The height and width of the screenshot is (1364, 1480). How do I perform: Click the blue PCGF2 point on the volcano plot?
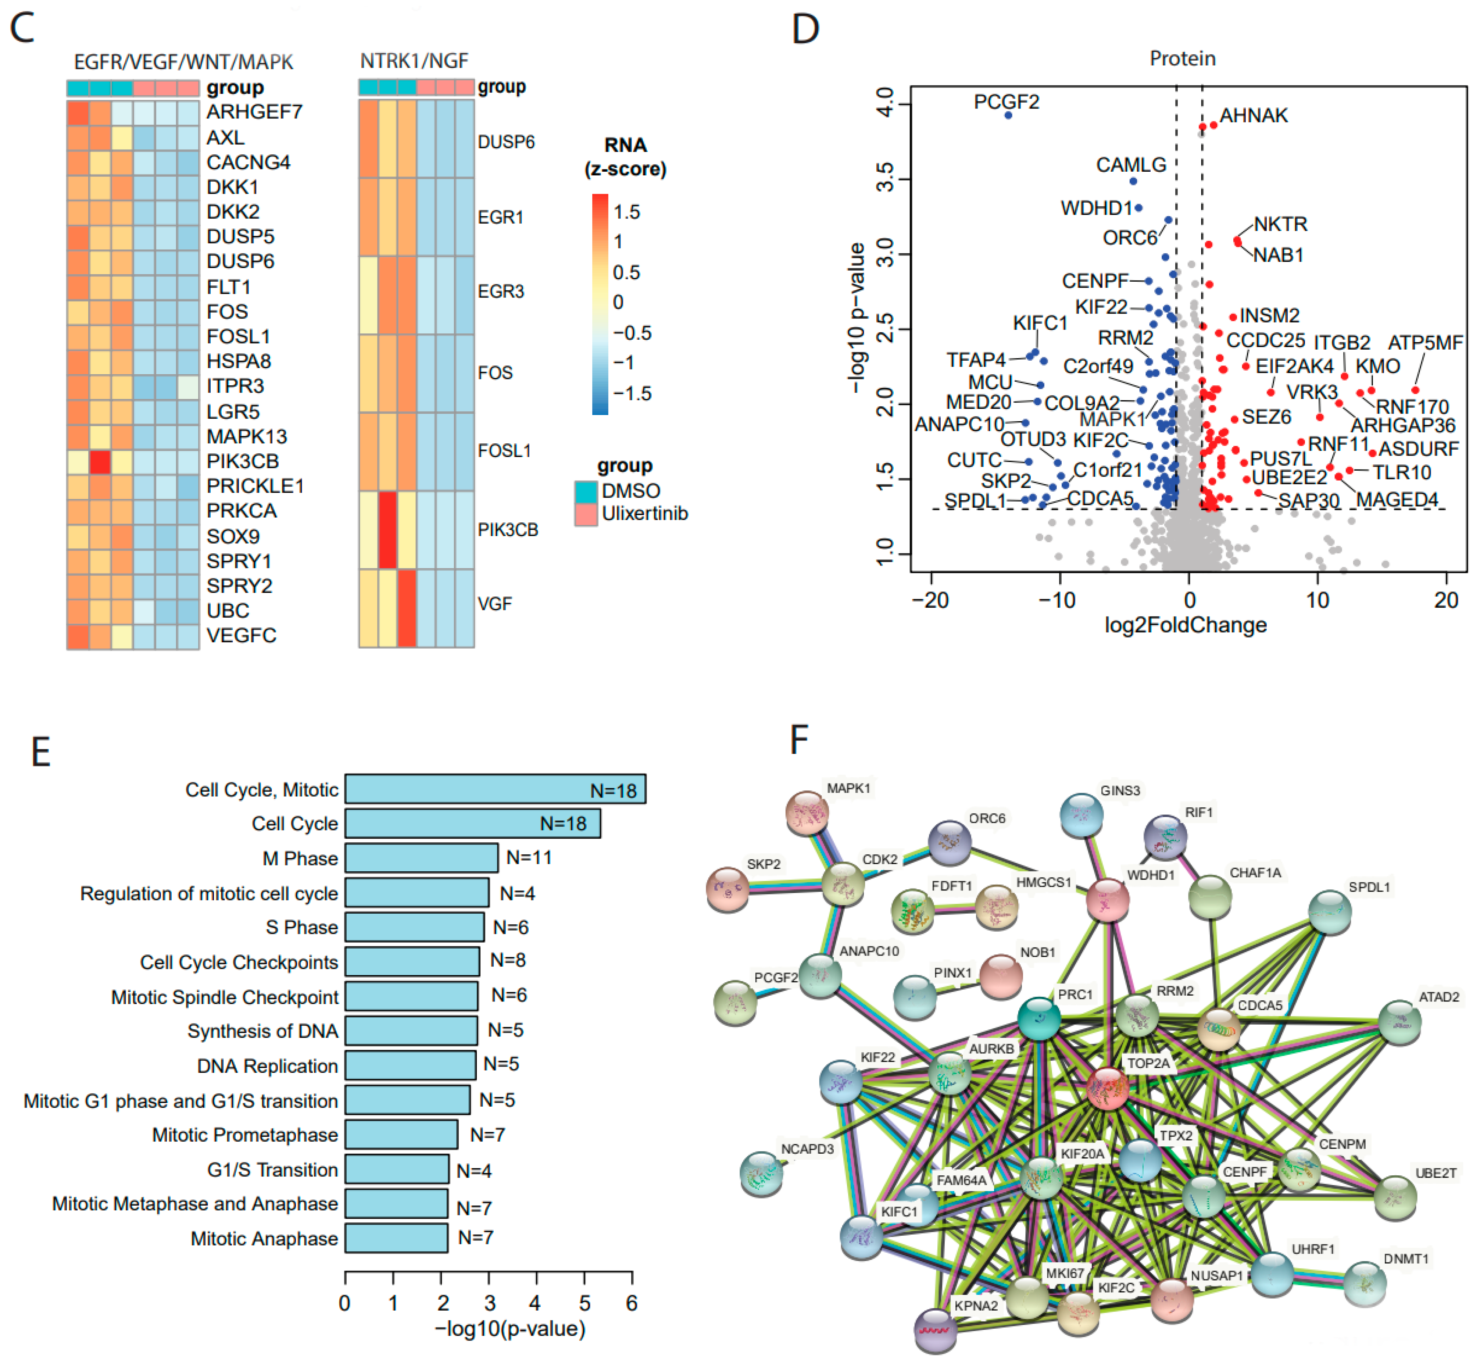pos(1008,115)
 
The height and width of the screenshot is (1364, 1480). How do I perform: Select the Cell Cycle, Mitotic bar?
pos(494,789)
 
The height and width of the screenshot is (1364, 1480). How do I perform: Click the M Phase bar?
pos(421,858)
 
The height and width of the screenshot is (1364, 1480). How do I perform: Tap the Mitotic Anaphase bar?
pos(396,1238)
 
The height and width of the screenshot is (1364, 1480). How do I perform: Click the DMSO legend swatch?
pos(585,491)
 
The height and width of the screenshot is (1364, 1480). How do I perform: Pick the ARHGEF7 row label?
pos(254,111)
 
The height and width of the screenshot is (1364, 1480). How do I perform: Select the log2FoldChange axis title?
pos(1186,625)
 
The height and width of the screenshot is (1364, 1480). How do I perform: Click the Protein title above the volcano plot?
pos(1183,58)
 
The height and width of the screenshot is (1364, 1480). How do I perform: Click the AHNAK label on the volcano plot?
pos(1254,115)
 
